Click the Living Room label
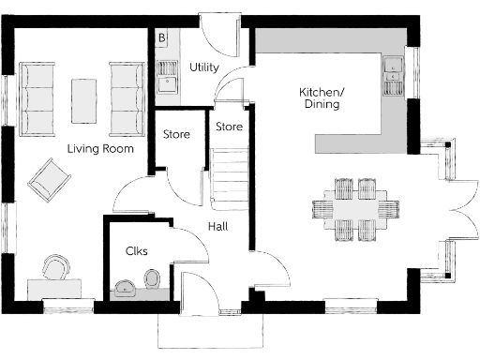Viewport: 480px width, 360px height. [x=99, y=149]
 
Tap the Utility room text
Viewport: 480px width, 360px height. [x=203, y=67]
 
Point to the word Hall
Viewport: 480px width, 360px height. [x=217, y=226]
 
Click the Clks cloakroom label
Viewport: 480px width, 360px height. [x=136, y=250]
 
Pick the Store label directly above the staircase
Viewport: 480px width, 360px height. [x=229, y=126]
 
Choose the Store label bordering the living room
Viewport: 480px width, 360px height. [x=176, y=135]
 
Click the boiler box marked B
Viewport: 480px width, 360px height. [x=161, y=38]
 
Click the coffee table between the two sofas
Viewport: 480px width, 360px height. [x=84, y=99]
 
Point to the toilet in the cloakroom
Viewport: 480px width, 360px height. [x=151, y=279]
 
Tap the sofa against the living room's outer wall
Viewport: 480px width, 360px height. [x=37, y=98]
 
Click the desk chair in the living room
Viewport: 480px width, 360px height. [x=55, y=268]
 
